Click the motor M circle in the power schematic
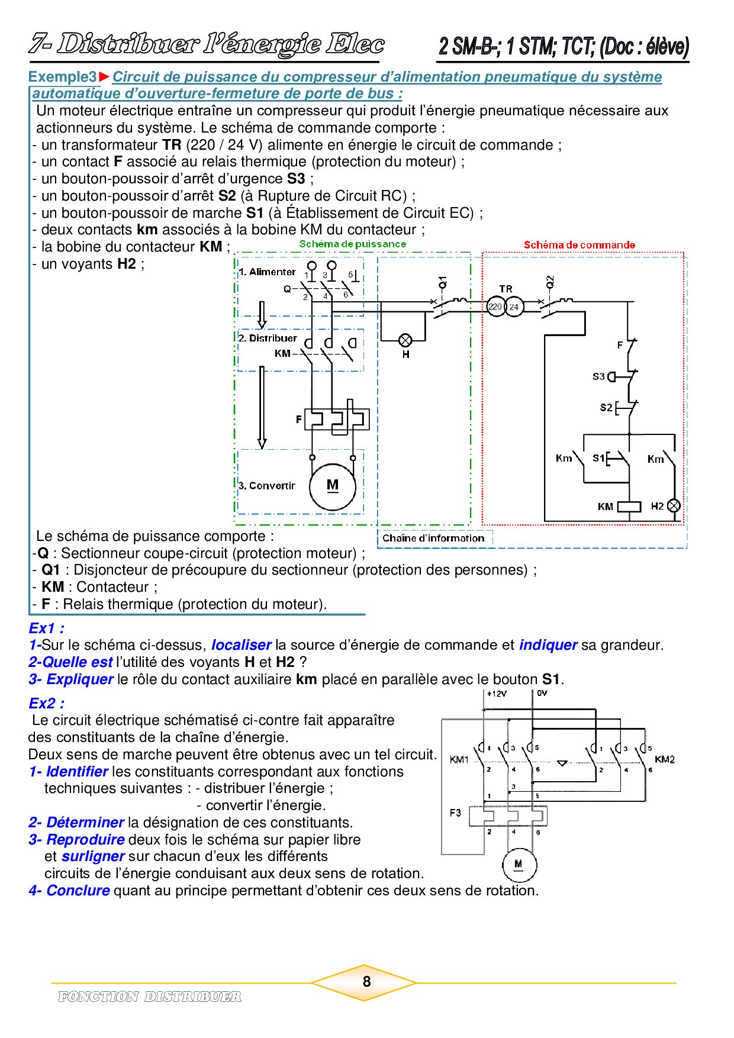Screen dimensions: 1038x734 pyautogui.click(x=333, y=487)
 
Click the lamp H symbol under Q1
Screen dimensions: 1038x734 pyautogui.click(x=405, y=340)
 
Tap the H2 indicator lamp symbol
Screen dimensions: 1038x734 pyautogui.click(x=674, y=506)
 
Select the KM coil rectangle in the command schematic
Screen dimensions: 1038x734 pyautogui.click(x=629, y=507)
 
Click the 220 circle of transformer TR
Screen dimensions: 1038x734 pyautogui.click(x=495, y=307)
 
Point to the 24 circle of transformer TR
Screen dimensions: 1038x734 pyautogui.click(x=514, y=307)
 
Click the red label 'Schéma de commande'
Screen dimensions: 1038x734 pyautogui.click(x=579, y=245)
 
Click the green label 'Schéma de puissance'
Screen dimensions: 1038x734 pyautogui.click(x=353, y=244)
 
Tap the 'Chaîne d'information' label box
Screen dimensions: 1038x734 pyautogui.click(x=433, y=538)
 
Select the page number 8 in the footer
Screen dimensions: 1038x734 pyautogui.click(x=366, y=981)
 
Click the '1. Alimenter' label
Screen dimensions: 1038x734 pyautogui.click(x=267, y=272)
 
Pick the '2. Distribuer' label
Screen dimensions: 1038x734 pyautogui.click(x=268, y=339)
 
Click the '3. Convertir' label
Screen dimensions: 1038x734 pyautogui.click(x=266, y=486)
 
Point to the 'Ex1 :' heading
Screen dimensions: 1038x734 pyautogui.click(x=47, y=628)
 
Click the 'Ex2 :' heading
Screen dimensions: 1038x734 pyautogui.click(x=47, y=704)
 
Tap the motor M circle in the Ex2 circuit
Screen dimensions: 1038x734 pyautogui.click(x=519, y=865)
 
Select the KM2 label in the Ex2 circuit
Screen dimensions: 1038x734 pyautogui.click(x=665, y=759)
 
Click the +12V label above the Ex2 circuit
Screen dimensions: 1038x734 pyautogui.click(x=497, y=694)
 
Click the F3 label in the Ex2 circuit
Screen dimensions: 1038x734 pyautogui.click(x=455, y=813)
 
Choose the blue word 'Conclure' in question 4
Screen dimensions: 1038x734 pyautogui.click(x=78, y=891)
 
